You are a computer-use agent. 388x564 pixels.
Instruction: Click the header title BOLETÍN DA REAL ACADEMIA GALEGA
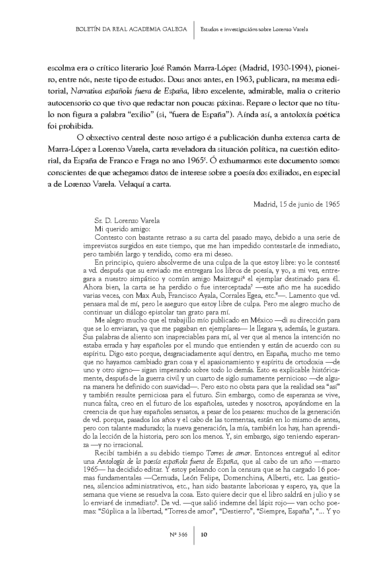[131, 29]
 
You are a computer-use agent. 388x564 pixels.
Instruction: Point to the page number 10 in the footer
[203, 535]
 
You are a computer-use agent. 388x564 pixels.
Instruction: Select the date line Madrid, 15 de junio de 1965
[296, 204]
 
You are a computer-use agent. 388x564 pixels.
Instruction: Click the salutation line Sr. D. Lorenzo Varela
[127, 221]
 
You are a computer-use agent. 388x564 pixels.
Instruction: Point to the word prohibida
[75, 127]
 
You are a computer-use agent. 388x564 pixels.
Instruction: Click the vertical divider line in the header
[194, 29]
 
